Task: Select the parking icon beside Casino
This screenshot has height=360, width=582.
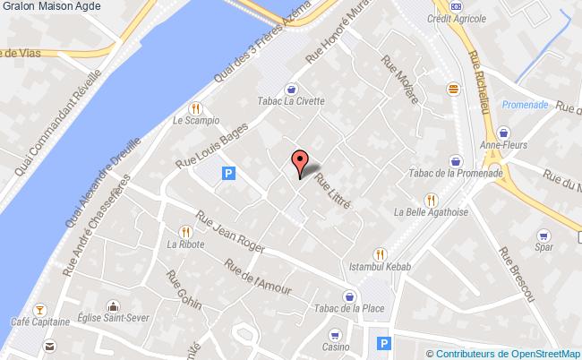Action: pyautogui.click(x=384, y=342)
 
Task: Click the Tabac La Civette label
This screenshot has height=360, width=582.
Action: pyautogui.click(x=290, y=100)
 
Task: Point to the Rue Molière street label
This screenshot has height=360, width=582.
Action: pyautogui.click(x=399, y=80)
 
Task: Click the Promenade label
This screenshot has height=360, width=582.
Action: pyautogui.click(x=524, y=104)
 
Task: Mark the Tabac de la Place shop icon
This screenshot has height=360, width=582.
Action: pyautogui.click(x=349, y=296)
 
